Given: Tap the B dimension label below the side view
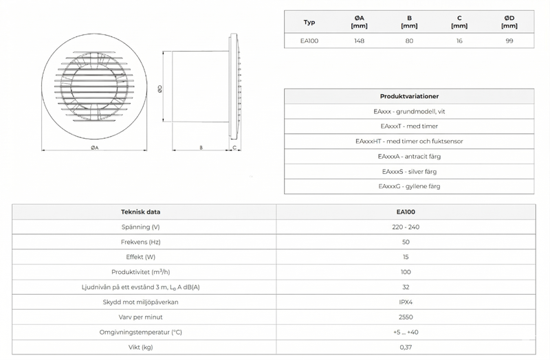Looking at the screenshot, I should [x=200, y=148].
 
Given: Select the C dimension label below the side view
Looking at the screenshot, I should [x=235, y=148].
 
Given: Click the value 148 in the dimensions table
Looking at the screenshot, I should [x=358, y=41].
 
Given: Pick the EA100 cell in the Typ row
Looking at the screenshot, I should [x=309, y=41].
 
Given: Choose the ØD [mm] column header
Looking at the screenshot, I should [x=509, y=23].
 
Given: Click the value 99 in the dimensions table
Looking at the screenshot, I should [x=509, y=41].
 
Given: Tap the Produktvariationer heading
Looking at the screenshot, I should [x=409, y=96].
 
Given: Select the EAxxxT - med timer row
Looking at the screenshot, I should [x=409, y=126].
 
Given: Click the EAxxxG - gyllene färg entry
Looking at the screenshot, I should [x=409, y=186].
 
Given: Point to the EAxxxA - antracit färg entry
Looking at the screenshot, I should [x=409, y=156].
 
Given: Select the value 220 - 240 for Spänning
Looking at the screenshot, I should [x=406, y=227].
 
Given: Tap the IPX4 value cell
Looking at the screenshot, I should [x=406, y=302].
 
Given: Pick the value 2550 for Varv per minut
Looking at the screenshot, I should [x=406, y=317].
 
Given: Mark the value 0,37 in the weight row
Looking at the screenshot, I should [x=406, y=347].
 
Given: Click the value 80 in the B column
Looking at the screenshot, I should [x=409, y=41].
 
